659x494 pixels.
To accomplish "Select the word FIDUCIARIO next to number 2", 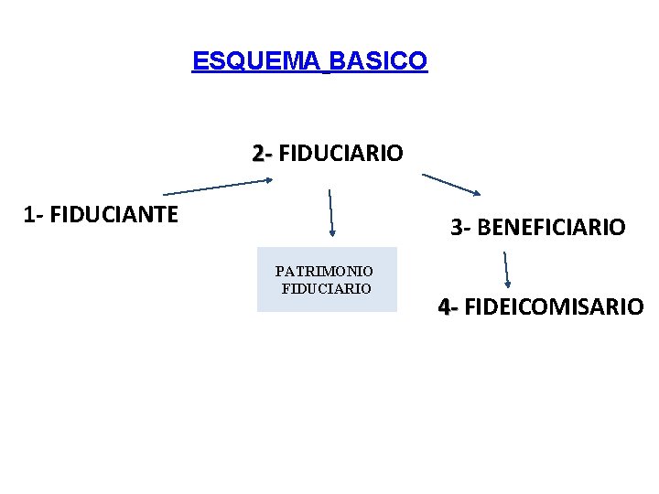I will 340,153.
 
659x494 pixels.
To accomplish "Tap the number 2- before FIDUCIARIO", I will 262,153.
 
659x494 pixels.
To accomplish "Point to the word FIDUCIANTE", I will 113,216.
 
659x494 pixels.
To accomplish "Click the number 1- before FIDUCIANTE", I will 34,216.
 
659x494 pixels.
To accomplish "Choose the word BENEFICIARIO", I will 551,227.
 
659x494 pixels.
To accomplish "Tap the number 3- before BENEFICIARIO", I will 460,227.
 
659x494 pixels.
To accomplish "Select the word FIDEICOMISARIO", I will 554,306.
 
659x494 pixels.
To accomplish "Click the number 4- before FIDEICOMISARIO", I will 448,306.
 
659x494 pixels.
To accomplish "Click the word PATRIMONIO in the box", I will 324,272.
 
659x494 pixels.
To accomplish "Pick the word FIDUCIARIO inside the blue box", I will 327,288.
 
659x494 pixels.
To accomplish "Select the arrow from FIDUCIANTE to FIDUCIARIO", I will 218,187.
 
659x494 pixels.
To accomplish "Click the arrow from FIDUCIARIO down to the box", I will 330,213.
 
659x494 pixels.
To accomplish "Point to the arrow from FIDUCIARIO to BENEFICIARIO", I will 450,184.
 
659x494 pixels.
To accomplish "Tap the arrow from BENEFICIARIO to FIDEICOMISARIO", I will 507,270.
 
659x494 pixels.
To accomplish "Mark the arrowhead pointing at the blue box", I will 332,232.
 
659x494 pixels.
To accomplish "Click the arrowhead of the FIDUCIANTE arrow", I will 268,180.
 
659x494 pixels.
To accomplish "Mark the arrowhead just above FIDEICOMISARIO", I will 509,284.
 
